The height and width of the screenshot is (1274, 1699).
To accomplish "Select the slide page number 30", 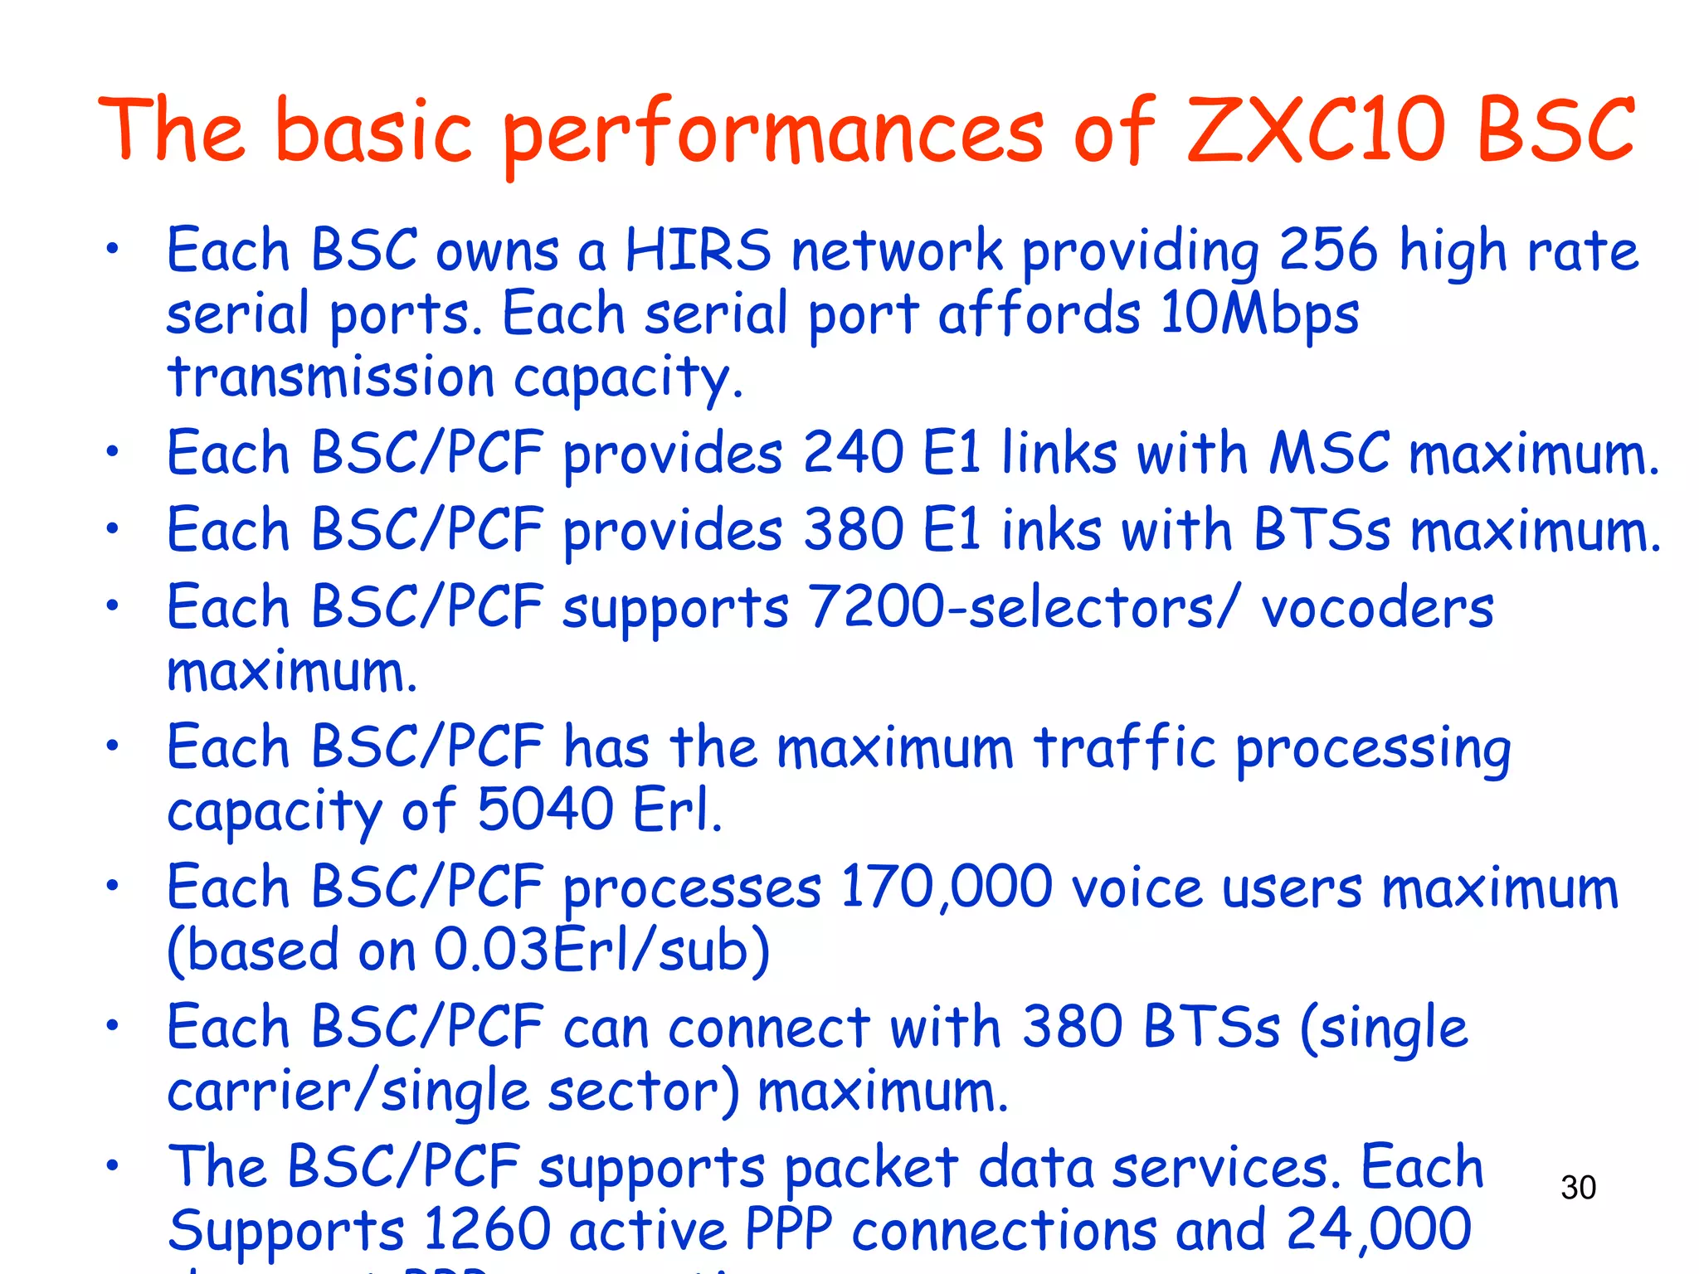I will tap(1578, 1188).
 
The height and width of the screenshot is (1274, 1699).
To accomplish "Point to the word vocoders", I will tap(1377, 607).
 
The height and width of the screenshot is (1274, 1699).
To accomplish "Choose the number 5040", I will tap(545, 810).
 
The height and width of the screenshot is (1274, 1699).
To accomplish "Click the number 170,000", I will tap(947, 887).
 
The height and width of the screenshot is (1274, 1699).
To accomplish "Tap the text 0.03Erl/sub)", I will tap(602, 951).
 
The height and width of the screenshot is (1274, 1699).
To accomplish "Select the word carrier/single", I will tap(348, 1092).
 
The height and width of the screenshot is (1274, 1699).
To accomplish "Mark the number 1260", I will tap(487, 1229).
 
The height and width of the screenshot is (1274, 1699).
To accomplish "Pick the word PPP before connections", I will tap(788, 1229).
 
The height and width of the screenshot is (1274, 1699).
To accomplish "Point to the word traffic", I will tap(1125, 747).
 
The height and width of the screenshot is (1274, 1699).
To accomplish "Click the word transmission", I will tap(331, 378).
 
